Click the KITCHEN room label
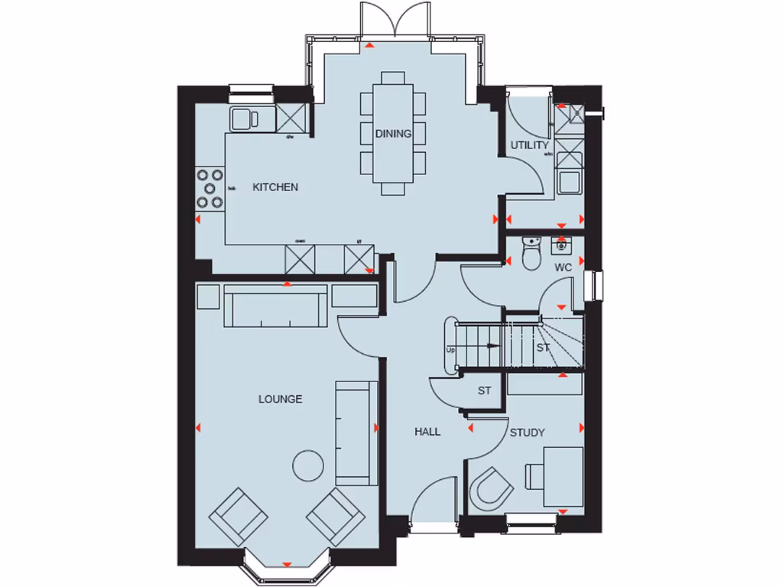pos(275,187)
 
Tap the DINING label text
pos(393,134)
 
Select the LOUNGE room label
pos(280,399)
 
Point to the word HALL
pos(427,432)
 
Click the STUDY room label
pos(527,433)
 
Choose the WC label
pos(564,268)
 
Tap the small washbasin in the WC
pos(562,245)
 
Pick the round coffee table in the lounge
pos(310,465)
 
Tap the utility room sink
pos(570,181)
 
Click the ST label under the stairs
pos(543,348)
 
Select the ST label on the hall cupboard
pos(484,391)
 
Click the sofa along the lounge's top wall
pos(276,306)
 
